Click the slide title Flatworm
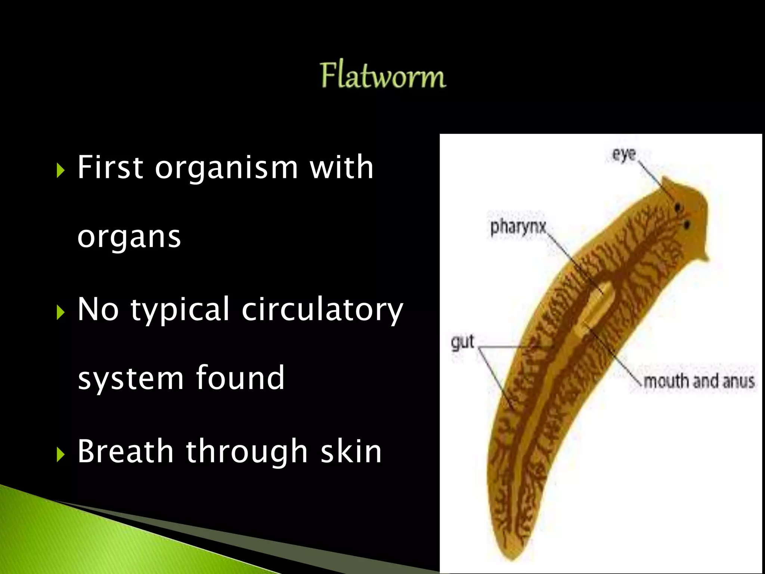(383, 76)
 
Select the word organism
(226, 168)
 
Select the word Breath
(126, 451)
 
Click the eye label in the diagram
(624, 154)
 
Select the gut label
(462, 342)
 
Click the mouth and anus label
(699, 382)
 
